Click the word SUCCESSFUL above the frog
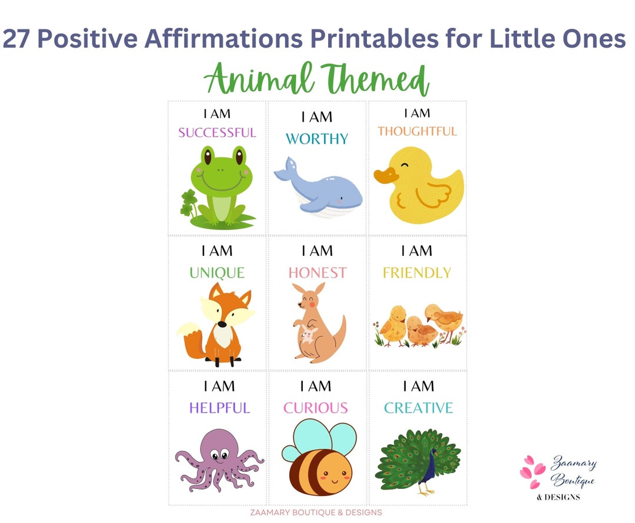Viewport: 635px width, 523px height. point(218,132)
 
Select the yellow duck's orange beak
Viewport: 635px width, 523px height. point(385,177)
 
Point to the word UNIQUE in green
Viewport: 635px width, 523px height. point(217,272)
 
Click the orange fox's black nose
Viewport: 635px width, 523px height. point(221,324)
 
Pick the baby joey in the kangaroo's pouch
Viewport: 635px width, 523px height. point(308,337)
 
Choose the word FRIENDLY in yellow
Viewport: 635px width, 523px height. point(417,272)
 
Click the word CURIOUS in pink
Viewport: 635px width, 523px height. point(316,408)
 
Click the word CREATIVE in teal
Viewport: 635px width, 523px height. point(419,408)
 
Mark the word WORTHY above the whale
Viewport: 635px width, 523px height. point(317,139)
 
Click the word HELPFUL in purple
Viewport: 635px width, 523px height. point(219,408)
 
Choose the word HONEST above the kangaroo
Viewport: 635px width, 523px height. point(317,272)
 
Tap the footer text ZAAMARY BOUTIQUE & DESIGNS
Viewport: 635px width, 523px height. point(316,512)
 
